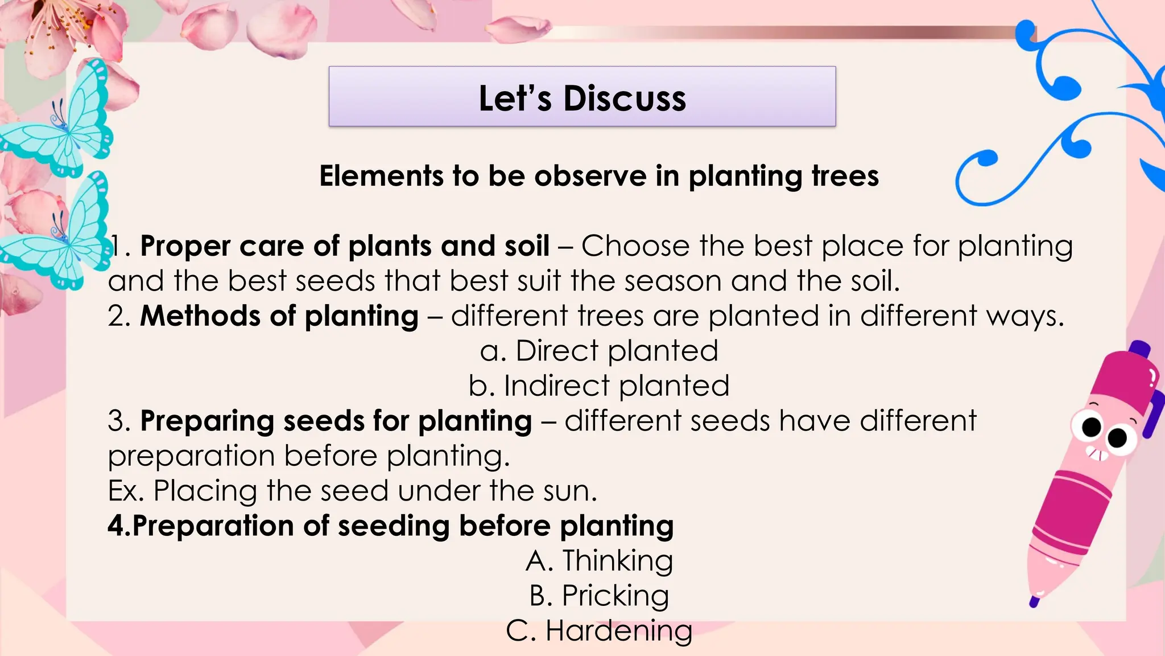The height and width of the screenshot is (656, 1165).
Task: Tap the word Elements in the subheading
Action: [381, 176]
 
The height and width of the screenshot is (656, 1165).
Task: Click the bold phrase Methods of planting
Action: [279, 316]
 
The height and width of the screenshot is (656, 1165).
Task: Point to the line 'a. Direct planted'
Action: [599, 351]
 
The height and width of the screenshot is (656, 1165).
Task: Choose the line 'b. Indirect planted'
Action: [599, 386]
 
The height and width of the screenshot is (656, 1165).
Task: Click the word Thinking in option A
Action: [618, 561]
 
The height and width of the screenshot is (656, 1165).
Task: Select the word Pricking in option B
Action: [615, 596]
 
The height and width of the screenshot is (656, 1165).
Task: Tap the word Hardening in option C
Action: [619, 631]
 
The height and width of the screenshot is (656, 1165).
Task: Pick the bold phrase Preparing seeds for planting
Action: [336, 421]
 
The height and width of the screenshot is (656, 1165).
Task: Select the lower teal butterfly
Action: [63, 233]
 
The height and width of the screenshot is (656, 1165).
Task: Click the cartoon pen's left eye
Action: [1091, 427]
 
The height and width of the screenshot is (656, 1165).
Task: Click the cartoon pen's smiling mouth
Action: [1098, 454]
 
